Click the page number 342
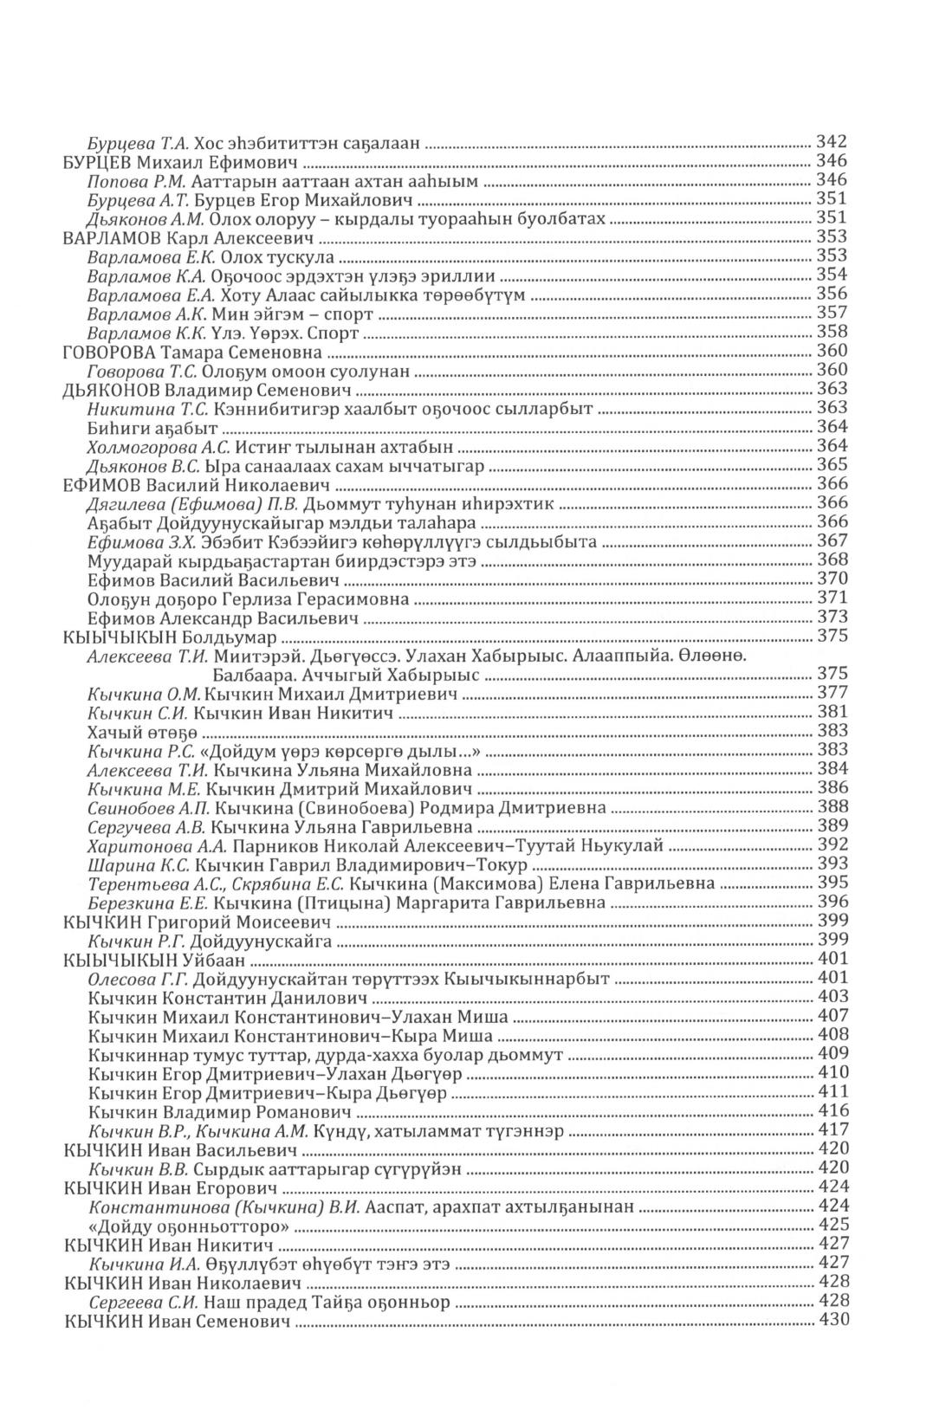[833, 142]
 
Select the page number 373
[833, 618]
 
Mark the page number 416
[833, 1111]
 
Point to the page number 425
[833, 1225]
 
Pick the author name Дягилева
[121, 504]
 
